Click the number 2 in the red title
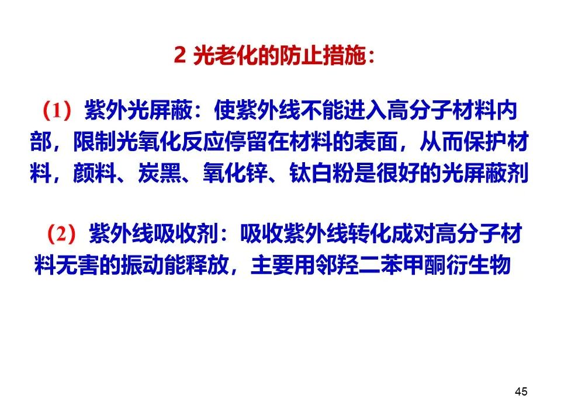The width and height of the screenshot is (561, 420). [x=179, y=55]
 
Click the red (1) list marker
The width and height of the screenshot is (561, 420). [x=57, y=110]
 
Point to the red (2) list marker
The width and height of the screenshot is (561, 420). [x=61, y=234]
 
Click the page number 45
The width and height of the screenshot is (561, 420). [x=521, y=391]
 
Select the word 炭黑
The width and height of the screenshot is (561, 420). [x=160, y=173]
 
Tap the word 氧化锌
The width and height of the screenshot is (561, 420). [x=236, y=173]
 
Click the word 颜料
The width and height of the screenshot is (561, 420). [x=95, y=173]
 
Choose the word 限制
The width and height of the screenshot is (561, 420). [x=95, y=142]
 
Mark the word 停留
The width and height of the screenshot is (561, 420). [x=246, y=142]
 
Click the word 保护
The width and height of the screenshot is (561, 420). [x=486, y=142]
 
